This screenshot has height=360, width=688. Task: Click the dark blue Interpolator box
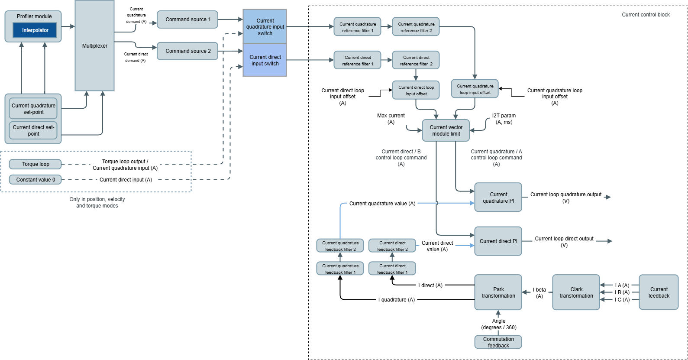point(35,30)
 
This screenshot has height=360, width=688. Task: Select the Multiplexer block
point(94,46)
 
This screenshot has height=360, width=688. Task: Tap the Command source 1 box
point(187,19)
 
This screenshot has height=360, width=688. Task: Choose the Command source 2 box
point(187,51)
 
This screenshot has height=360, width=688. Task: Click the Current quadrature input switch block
point(265,27)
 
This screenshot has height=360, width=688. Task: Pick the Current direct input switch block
point(265,60)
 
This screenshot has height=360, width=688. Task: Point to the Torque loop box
point(36,164)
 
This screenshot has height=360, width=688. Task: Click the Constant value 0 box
point(36,180)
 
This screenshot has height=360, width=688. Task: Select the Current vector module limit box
point(446,130)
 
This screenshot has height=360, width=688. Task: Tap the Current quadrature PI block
point(498,198)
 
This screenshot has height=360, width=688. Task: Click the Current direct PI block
point(498,241)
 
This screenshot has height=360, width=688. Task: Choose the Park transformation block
point(498,292)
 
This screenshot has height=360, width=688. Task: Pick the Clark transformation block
point(576,292)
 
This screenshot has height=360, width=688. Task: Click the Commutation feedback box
point(498,342)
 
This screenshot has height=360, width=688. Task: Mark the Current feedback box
point(659,292)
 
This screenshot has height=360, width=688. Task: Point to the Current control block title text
point(646,15)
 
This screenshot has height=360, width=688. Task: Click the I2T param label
point(504,119)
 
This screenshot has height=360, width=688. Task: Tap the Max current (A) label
point(391,119)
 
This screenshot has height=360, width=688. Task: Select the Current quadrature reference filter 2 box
point(416,27)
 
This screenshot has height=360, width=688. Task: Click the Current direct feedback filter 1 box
point(392,269)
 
